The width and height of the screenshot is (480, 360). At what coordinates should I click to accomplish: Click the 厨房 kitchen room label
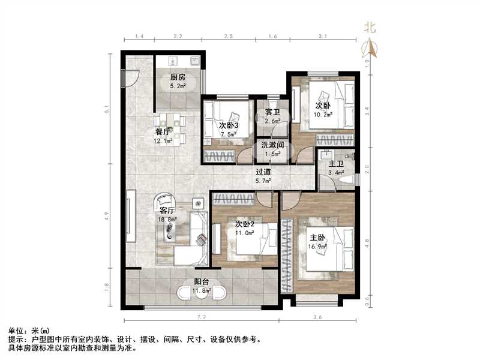[176, 77]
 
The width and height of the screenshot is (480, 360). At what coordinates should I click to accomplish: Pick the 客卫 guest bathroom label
[272, 112]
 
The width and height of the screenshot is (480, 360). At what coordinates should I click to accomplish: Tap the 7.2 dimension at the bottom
[202, 316]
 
